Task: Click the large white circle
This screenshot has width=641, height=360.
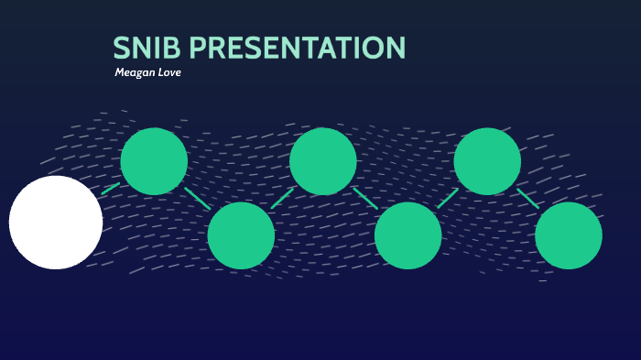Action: coord(56,223)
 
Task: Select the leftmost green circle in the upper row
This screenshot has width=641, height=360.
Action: coord(154,161)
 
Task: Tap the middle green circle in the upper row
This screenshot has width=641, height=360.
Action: coord(322,161)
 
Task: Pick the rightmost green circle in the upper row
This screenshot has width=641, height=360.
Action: coord(487,161)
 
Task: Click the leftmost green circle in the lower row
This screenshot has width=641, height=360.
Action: coord(241,235)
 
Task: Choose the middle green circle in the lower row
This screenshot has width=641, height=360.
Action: coord(407,235)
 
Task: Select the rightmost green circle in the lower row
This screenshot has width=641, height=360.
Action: coord(569,235)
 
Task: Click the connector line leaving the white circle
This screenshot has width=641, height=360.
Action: coord(111,189)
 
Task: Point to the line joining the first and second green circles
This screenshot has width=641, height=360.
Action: coord(198,199)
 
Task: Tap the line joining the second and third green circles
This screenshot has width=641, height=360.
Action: coord(282,198)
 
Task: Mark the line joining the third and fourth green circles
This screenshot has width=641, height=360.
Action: coord(365,198)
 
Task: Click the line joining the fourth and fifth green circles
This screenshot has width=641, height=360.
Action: coord(448,198)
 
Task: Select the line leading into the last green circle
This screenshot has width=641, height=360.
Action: coord(527,199)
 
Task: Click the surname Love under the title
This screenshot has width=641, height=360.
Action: coord(170,72)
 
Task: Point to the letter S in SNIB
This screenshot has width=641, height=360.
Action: coord(121,49)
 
